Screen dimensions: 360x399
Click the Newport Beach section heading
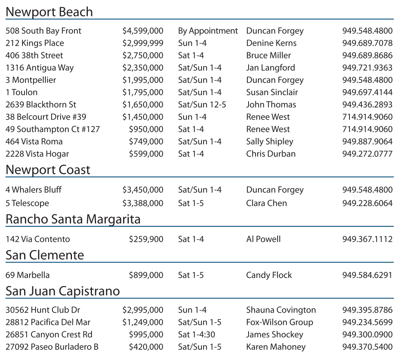(49, 12)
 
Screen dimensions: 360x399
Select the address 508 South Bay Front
(43, 31)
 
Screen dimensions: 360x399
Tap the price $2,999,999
(143, 43)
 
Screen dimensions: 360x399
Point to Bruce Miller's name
(268, 55)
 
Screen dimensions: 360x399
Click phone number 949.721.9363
(367, 67)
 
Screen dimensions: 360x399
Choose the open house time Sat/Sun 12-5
(202, 105)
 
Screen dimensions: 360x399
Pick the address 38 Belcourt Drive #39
(46, 117)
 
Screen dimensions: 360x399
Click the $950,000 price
(146, 129)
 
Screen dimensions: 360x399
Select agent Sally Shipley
(269, 141)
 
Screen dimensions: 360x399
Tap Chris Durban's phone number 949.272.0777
(367, 154)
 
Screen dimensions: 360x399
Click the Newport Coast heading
(48, 170)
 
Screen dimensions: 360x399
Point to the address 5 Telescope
(27, 203)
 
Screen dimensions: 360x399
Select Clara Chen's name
(266, 203)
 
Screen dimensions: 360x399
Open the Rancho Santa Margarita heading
(73, 219)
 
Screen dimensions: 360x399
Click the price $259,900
(146, 239)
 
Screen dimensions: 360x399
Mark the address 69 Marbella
(27, 275)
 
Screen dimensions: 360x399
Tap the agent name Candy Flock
(269, 275)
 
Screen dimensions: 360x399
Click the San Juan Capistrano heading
(63, 291)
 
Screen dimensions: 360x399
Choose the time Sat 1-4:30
(196, 335)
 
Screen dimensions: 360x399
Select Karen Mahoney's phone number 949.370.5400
(367, 347)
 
